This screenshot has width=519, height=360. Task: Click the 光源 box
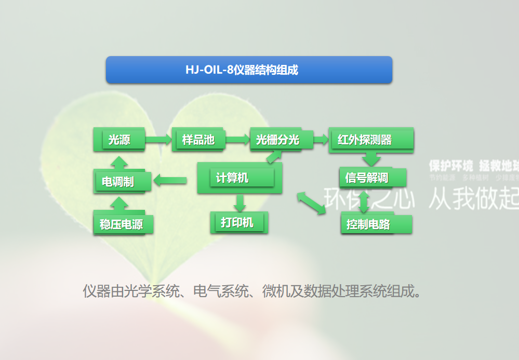click(119, 139)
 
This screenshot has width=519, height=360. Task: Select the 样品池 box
click(198, 139)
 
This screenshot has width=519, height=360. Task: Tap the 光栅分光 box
click(277, 139)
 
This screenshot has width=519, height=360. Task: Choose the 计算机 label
click(232, 178)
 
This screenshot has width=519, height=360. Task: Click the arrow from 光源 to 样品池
click(158, 139)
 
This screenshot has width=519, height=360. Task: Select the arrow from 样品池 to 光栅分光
click(237, 139)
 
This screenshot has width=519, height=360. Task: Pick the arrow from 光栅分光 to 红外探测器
click(321, 139)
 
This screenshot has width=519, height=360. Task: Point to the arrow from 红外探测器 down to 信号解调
click(371, 158)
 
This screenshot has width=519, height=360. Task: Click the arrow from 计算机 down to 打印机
click(239, 202)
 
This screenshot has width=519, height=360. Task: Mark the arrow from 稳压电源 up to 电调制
click(120, 203)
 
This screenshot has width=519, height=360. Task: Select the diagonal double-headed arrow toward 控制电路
click(311, 202)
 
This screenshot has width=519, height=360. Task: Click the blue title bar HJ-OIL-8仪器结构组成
click(249, 70)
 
